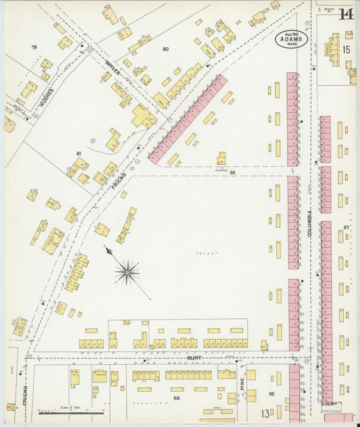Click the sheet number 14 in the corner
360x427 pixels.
tap(346, 14)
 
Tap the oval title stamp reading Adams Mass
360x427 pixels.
tap(292, 41)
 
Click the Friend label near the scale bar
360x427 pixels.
tap(24, 396)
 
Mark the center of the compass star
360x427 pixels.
tap(127, 272)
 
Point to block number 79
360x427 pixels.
tap(33, 47)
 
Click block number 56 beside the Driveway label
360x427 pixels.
tap(232, 174)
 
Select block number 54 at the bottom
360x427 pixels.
tap(176, 399)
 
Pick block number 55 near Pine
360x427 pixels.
tap(272, 393)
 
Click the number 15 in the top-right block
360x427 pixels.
tap(346, 50)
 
